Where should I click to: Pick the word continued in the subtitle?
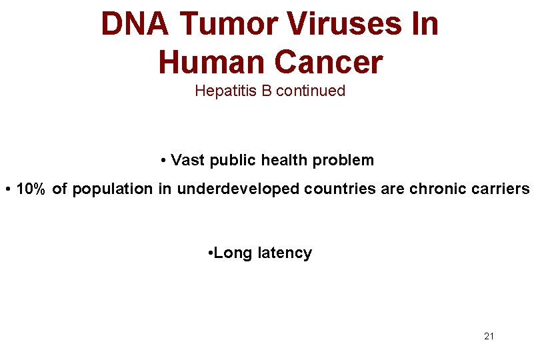[311, 91]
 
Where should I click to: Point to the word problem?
[344, 160]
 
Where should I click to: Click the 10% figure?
[31, 189]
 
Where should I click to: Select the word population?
[113, 190]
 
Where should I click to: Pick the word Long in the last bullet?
[233, 253]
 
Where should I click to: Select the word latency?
[285, 253]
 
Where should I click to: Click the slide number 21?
[489, 336]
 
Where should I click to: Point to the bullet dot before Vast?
[163, 161]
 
